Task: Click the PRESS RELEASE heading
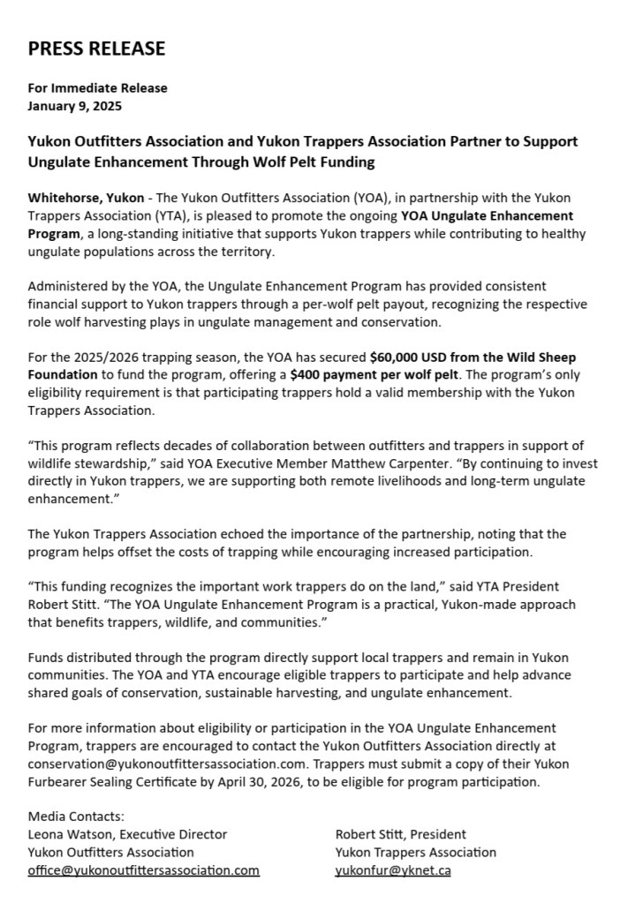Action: click(96, 49)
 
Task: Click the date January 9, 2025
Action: click(75, 106)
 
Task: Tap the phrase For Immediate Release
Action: click(97, 87)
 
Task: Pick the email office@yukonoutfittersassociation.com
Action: click(143, 870)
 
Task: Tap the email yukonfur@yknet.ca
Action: click(393, 870)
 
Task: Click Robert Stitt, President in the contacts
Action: click(401, 834)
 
